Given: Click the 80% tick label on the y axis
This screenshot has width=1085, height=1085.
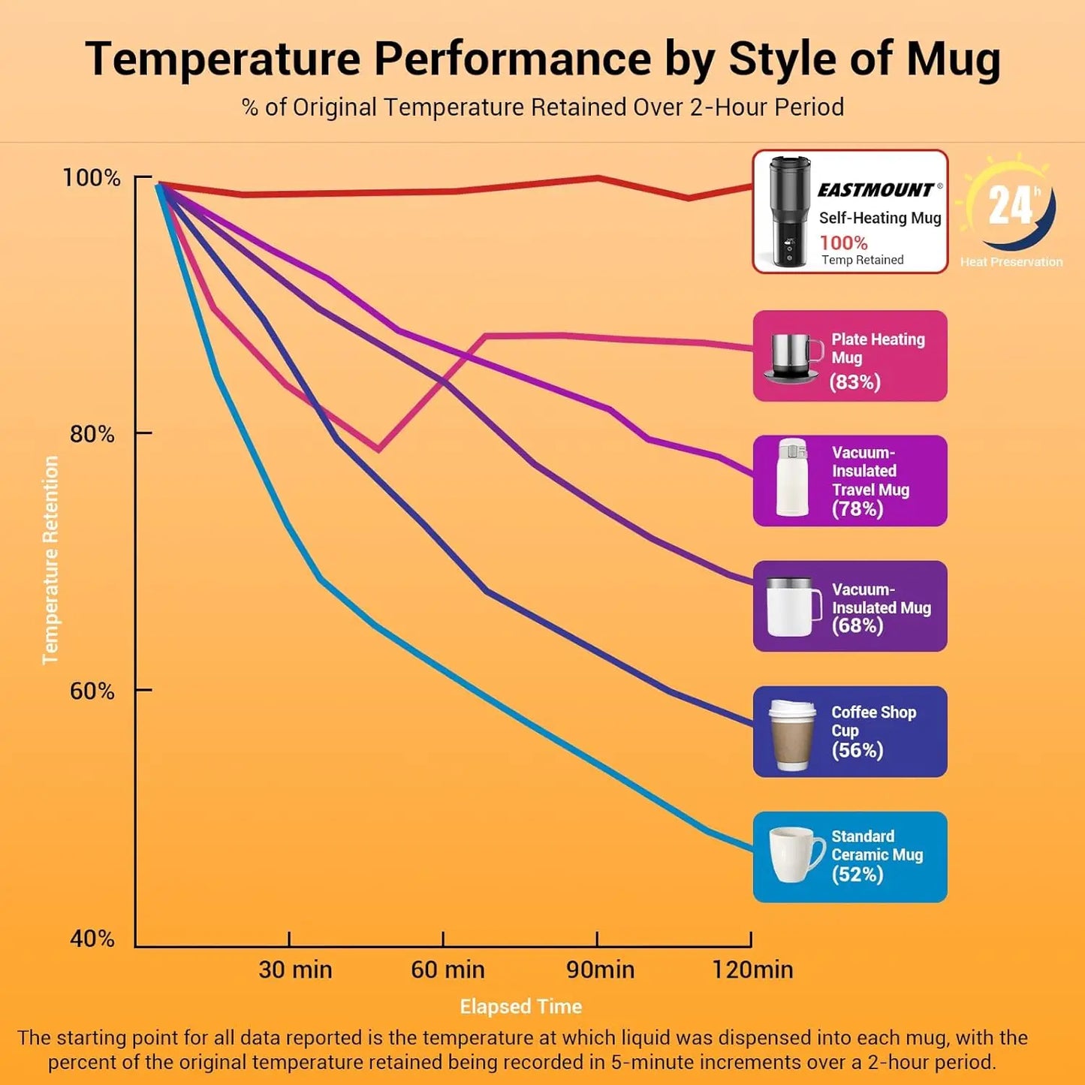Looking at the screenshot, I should (x=92, y=434).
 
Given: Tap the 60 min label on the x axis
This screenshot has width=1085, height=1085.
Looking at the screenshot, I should (x=448, y=969).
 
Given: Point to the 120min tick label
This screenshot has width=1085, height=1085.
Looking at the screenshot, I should (x=752, y=969).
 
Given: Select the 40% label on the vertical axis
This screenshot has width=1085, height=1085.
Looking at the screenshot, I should (x=92, y=939).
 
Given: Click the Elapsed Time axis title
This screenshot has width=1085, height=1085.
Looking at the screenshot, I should (x=520, y=1006).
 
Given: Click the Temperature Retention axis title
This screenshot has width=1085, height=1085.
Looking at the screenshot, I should (x=50, y=560).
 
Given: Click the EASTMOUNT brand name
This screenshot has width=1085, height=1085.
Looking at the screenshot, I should (x=876, y=190).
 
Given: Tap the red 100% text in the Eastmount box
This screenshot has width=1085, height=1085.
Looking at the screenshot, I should (x=843, y=243).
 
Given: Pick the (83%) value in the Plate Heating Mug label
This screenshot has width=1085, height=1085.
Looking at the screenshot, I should (x=854, y=382).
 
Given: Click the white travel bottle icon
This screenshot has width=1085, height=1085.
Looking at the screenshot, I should (x=792, y=478).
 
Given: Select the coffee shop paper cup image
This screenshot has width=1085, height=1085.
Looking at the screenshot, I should (x=792, y=734).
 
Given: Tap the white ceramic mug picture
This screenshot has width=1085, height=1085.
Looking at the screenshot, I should (x=795, y=855).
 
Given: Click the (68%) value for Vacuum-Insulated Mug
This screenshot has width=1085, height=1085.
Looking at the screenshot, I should (x=857, y=625).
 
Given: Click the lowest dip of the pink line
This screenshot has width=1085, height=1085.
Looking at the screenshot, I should (x=378, y=450).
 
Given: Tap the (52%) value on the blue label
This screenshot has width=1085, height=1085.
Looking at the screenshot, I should (x=857, y=874).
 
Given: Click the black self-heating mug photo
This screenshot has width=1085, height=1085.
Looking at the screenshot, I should (x=789, y=212).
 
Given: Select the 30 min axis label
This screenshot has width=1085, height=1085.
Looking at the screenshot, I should (x=295, y=969).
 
